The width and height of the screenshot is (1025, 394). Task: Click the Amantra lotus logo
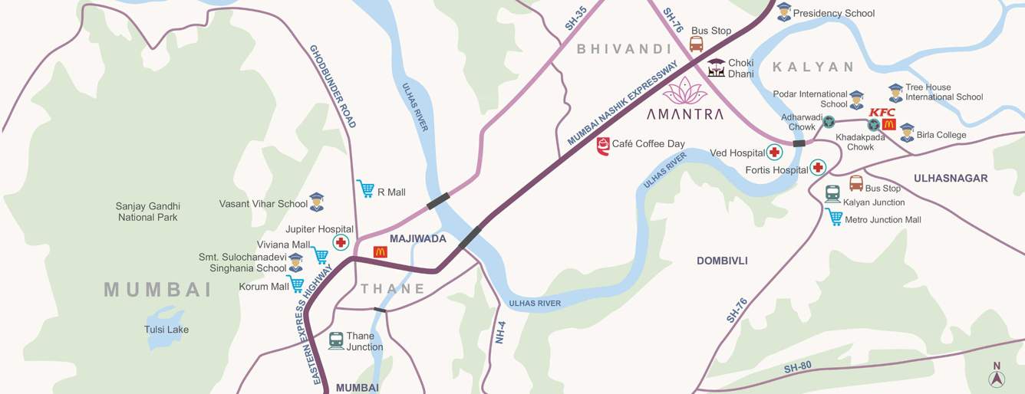click(684, 91)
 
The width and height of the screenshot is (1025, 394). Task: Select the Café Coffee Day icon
click(603, 146)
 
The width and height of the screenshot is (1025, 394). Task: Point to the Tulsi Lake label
click(166, 330)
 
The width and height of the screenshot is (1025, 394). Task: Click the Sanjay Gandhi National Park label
click(148, 212)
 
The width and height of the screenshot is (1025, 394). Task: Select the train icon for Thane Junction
click(336, 340)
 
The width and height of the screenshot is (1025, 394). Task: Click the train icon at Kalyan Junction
click(832, 193)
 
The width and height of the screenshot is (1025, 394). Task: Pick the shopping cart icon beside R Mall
click(365, 189)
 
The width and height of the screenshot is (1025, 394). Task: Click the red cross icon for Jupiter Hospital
click(341, 242)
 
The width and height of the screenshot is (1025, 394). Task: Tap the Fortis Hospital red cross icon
click(818, 167)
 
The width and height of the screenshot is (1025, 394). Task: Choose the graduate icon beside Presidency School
click(783, 11)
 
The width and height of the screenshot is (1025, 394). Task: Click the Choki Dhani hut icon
click(716, 67)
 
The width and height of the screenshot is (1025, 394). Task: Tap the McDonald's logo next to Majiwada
click(380, 251)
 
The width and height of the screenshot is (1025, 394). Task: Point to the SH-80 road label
click(798, 369)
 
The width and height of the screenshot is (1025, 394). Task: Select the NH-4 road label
click(500, 331)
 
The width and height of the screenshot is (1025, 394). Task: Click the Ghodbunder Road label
click(333, 86)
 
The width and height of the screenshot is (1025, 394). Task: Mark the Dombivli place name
click(721, 261)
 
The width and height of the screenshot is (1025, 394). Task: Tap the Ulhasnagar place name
click(950, 178)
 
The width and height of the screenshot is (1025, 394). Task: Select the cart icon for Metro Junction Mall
click(834, 218)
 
